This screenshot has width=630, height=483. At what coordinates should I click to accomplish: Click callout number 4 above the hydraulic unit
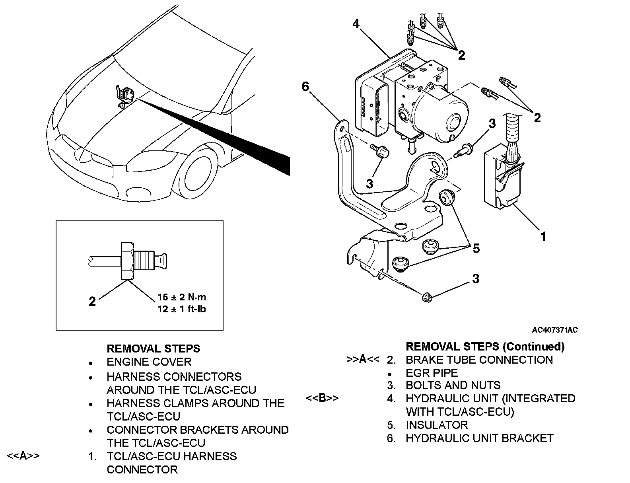(356, 24)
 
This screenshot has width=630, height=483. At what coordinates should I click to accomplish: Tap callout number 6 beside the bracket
(305, 86)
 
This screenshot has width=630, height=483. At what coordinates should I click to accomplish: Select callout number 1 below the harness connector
(544, 237)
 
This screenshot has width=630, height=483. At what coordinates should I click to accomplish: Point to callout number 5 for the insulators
(476, 248)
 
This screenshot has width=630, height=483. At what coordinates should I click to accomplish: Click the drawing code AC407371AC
(554, 330)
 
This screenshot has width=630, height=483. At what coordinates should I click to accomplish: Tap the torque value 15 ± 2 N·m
(182, 297)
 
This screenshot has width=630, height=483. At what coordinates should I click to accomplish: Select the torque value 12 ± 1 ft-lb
(182, 309)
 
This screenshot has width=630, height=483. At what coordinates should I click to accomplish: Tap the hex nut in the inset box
(127, 261)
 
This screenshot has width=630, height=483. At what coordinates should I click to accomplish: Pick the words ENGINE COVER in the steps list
(149, 362)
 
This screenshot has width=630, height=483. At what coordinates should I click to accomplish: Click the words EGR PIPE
(432, 372)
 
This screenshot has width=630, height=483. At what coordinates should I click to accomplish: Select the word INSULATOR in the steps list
(437, 425)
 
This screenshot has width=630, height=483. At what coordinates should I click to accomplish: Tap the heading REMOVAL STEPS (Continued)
(485, 347)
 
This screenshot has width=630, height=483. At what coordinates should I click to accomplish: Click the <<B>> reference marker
(323, 398)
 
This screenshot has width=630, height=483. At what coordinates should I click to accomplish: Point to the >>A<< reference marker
(363, 359)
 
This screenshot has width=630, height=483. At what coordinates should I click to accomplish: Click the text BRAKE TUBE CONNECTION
(479, 360)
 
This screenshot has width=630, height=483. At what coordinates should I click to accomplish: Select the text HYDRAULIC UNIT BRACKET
(480, 438)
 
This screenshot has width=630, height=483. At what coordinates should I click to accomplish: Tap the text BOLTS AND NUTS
(453, 385)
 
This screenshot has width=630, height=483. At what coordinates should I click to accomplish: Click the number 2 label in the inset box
(92, 302)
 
